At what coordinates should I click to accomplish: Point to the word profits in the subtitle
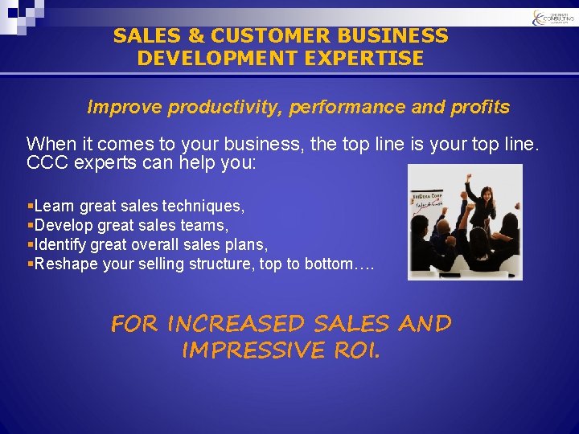click(x=479, y=107)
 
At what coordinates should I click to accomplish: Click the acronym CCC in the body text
click(x=44, y=162)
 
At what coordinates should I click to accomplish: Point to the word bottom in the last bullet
click(x=329, y=264)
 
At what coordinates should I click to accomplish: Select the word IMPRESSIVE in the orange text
click(x=251, y=351)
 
